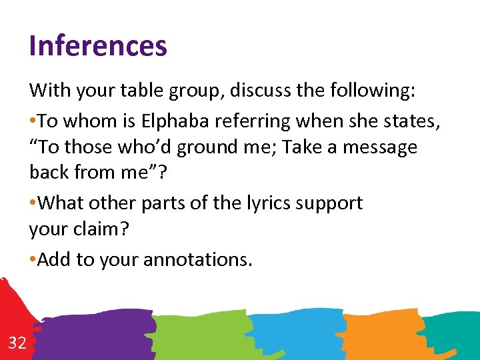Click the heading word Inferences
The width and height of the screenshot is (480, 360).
[98, 46]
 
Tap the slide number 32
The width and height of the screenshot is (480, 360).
[17, 343]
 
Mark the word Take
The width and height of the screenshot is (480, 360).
[304, 147]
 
